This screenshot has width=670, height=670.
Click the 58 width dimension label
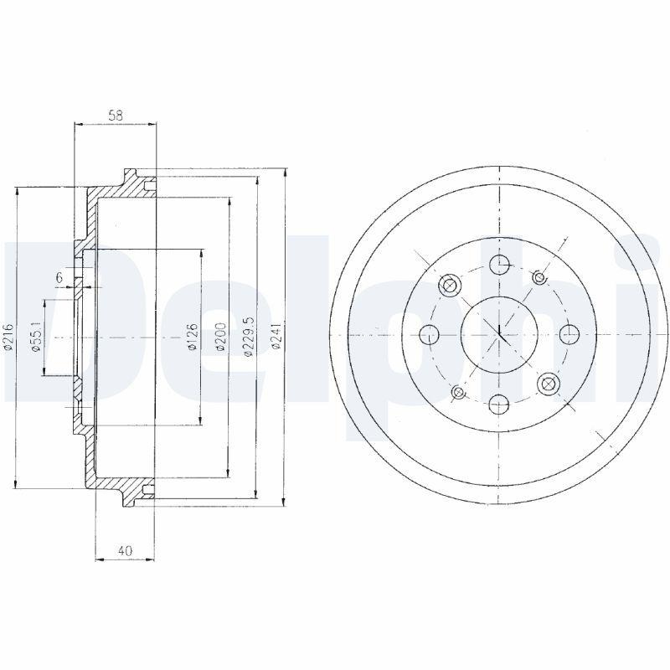coord(116,117)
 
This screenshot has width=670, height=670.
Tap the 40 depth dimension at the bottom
coord(125,550)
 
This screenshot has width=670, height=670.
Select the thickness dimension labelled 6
coord(59,277)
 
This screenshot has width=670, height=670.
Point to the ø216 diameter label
coord(9,337)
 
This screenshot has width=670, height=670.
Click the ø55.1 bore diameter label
coord(35,337)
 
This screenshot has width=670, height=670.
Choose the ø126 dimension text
coord(192,337)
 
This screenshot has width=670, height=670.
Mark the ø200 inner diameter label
coord(220,337)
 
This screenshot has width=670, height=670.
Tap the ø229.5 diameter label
coord(248,337)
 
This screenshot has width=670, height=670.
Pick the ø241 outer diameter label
coord(276,337)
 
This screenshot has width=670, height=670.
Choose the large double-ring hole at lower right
coord(549,384)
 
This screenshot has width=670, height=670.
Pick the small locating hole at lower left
coord(458,393)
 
